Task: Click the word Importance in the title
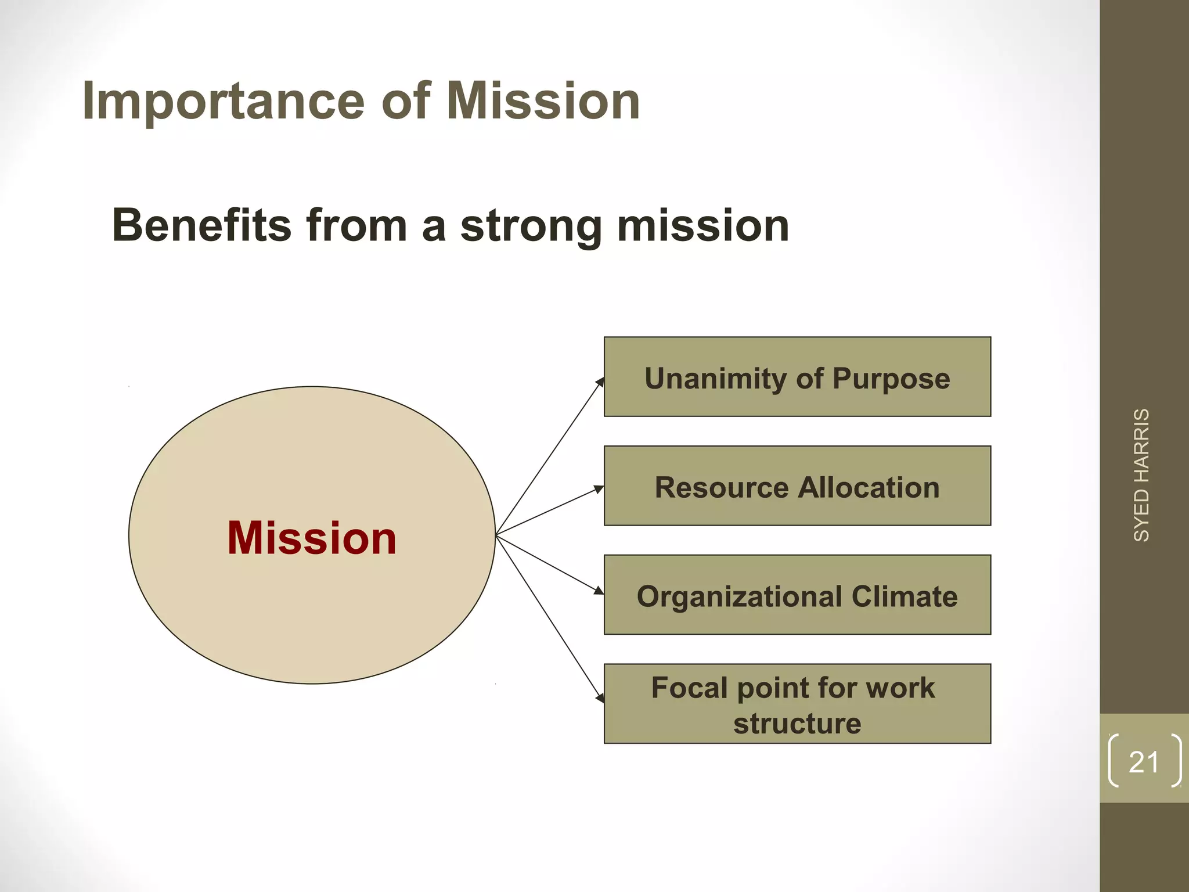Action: coord(224,102)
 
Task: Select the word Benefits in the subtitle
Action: coord(201,225)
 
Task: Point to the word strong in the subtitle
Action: coord(531,226)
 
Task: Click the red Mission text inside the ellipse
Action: coord(312,538)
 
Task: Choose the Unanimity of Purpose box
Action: coord(797,377)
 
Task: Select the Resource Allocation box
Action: coord(797,486)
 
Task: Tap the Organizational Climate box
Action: coord(797,595)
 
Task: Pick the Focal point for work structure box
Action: coord(797,704)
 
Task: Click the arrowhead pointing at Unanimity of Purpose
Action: coord(600,382)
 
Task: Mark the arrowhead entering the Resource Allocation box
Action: coord(599,490)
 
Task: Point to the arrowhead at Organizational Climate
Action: coord(599,591)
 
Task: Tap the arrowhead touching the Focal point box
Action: coord(600,698)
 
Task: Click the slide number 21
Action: coord(1144,762)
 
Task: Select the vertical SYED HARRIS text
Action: coord(1141,475)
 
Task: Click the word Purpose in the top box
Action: coord(891,379)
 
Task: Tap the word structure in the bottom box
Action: coord(797,724)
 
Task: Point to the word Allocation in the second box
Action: coord(869,487)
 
